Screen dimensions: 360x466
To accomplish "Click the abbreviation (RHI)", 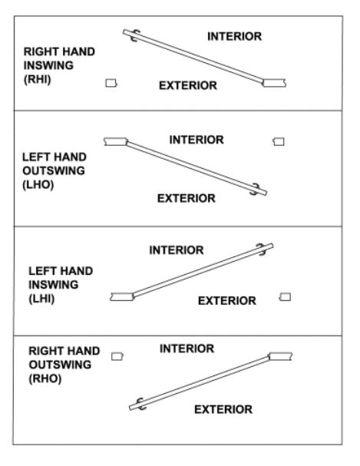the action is (38, 79).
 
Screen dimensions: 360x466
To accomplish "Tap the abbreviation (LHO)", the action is (38, 184).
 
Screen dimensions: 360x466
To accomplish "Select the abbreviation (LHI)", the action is (41, 299).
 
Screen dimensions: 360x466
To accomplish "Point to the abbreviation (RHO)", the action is (45, 378).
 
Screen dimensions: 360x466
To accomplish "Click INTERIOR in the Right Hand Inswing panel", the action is (234, 37).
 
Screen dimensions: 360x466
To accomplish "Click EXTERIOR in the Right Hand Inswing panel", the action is (188, 85).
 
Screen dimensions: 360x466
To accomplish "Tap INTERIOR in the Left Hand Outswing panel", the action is (197, 140).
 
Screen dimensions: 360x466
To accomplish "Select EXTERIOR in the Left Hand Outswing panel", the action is (187, 198).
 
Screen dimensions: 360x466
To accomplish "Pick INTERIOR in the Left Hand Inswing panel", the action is (177, 250).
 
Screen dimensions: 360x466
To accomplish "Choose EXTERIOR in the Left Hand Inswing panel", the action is (227, 301).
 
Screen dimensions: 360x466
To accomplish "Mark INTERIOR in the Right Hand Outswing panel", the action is (187, 349).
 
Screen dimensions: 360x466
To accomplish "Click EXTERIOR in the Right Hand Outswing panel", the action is (223, 409).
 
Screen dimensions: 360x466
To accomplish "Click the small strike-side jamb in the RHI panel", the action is (111, 83).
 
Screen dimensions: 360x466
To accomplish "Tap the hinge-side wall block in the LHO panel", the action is (116, 141).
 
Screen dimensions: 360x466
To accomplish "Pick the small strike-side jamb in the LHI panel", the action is (285, 297).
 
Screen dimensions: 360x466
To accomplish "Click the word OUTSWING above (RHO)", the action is (60, 365).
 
